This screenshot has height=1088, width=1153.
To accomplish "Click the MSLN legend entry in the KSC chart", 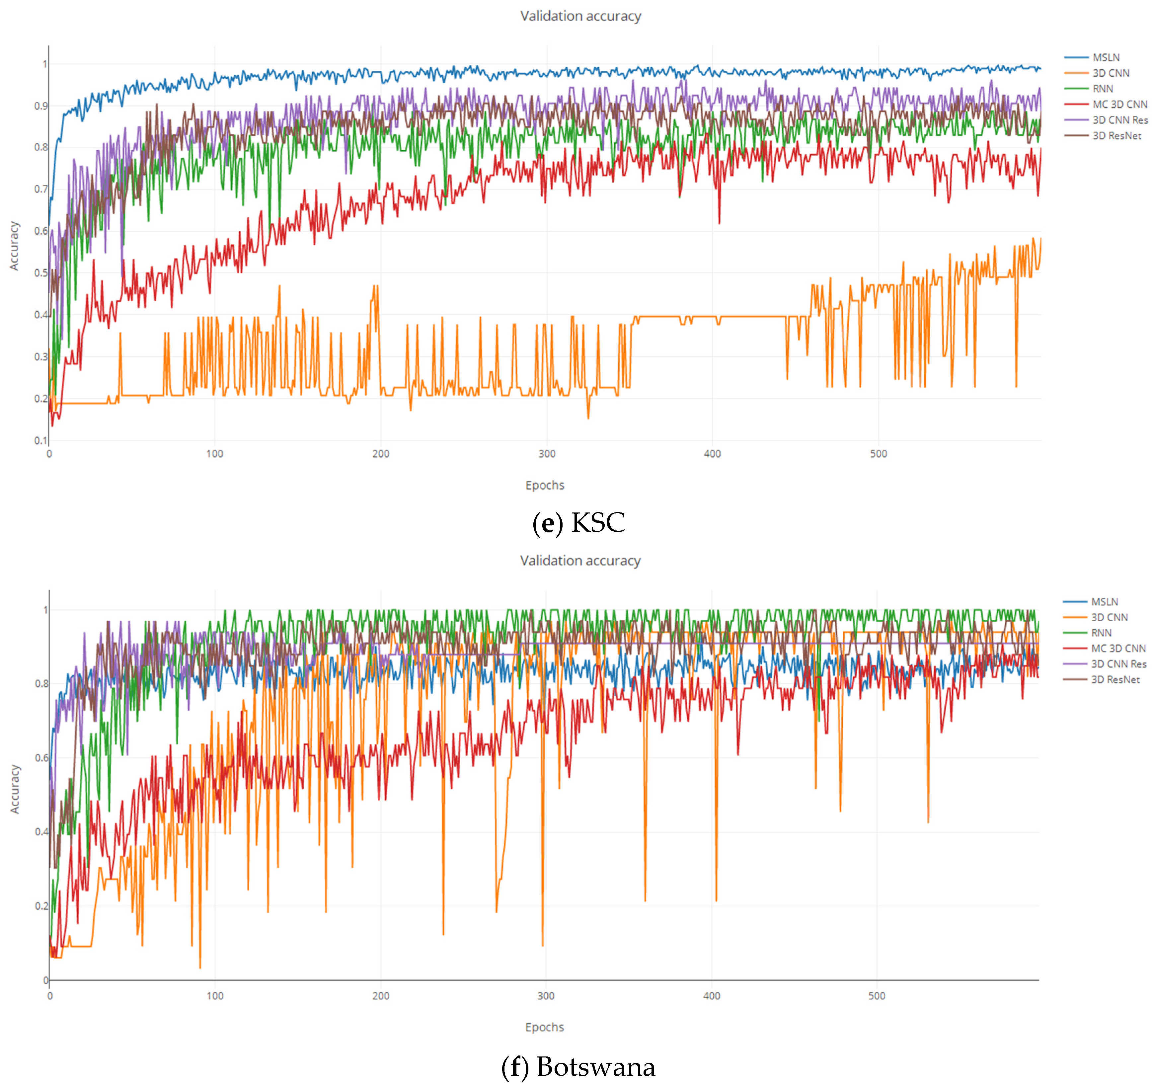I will click(1106, 57).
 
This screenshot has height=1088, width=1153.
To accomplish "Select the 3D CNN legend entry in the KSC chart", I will click(1110, 73).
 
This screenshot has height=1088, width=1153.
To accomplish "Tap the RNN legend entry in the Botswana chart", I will click(1101, 633).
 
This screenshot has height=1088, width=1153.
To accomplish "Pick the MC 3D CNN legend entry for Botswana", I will click(1117, 649).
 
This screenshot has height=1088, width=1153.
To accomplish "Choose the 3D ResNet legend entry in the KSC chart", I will click(1116, 136).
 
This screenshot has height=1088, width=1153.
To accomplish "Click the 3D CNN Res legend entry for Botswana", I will click(1117, 664).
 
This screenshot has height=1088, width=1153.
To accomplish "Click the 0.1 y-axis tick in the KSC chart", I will click(40, 440).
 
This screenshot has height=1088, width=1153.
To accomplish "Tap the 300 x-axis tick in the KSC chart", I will click(546, 453).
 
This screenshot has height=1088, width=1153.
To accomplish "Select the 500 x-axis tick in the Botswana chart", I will click(876, 996).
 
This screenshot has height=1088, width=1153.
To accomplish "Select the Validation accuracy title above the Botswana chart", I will click(580, 561).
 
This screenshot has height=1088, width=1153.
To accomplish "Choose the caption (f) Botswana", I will click(578, 1066).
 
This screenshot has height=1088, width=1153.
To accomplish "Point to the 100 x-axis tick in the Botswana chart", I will click(215, 996).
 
